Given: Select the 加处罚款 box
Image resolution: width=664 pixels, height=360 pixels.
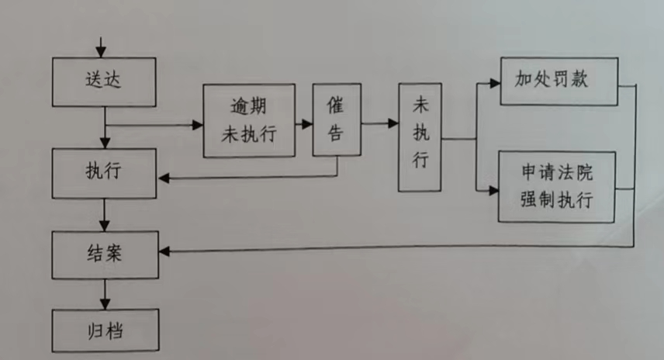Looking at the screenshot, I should click(558, 81).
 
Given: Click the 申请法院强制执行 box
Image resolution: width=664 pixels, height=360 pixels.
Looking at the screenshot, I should click(557, 187).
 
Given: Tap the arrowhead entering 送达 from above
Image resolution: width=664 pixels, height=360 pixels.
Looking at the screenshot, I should click(101, 52).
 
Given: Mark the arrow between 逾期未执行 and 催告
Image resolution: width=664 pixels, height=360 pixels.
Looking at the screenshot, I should click(304, 123).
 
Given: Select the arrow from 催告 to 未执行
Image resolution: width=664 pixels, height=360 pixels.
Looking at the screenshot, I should click(379, 123).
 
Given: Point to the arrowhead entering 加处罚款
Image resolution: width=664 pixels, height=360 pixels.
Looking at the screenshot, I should click(494, 81).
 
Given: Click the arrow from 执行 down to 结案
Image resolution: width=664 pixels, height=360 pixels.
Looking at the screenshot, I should click(105, 213).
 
